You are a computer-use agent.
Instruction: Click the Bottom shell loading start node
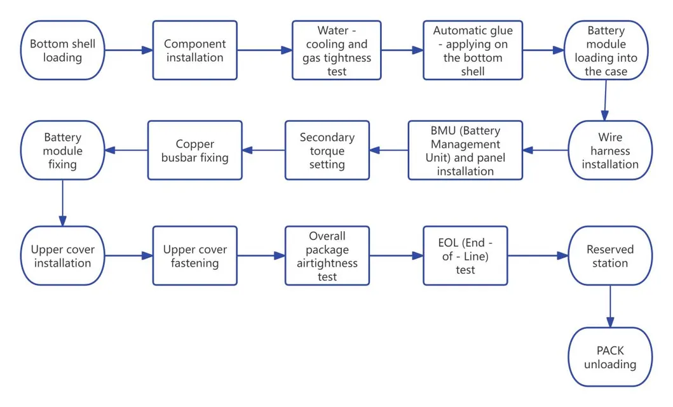tap(63, 51)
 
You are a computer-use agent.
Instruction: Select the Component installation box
tap(194, 51)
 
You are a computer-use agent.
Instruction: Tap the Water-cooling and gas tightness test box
tap(337, 51)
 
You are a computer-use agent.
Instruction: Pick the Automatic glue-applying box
tap(473, 51)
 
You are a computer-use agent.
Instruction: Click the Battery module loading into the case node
tap(606, 51)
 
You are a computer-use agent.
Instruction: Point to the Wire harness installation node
tap(609, 151)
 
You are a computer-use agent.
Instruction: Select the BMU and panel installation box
tap(465, 150)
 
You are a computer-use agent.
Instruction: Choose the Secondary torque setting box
tap(327, 150)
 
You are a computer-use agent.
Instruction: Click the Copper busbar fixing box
tap(194, 150)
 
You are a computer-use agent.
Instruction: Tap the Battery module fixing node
tap(63, 150)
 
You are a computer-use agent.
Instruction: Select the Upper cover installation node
tap(63, 256)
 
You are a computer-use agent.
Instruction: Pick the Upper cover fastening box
tap(194, 256)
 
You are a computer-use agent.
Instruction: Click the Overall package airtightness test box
tap(327, 256)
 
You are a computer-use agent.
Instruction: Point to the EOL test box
tap(465, 256)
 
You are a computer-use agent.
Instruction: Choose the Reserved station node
tap(610, 256)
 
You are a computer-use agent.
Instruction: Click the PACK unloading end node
tap(610, 357)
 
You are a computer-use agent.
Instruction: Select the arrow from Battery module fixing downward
tap(63, 203)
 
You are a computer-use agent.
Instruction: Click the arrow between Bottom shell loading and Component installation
tap(128, 51)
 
